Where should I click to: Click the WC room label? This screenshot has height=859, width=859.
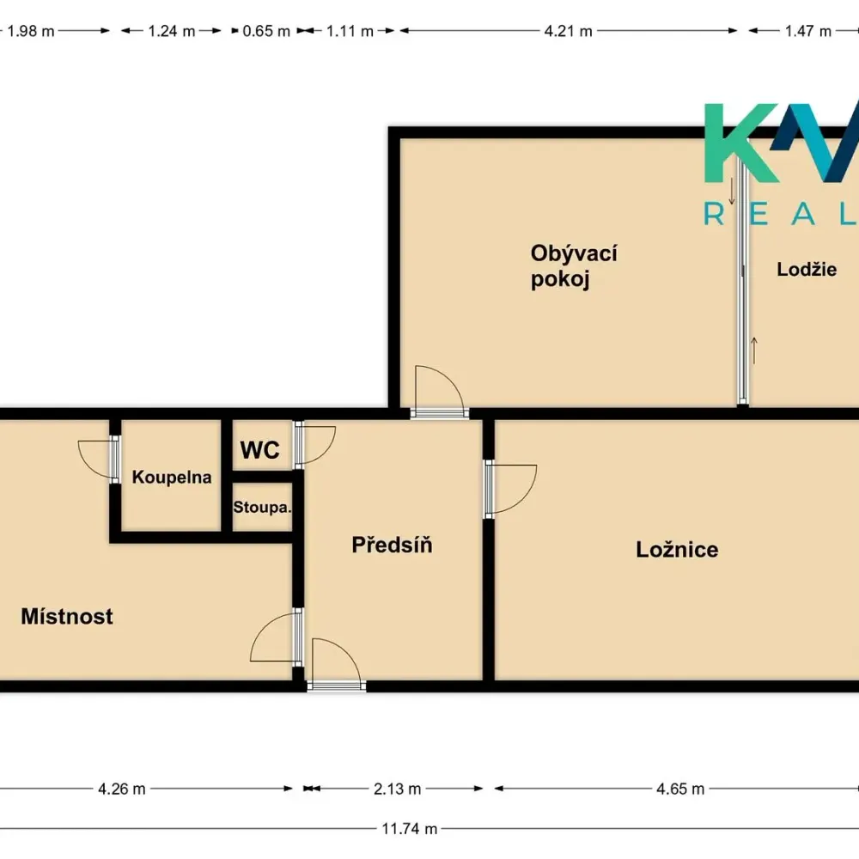(x=259, y=450)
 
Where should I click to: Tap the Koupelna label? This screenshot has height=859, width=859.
(x=172, y=477)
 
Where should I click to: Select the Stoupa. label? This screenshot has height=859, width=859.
(x=262, y=508)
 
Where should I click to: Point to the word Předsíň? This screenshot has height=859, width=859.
(x=392, y=545)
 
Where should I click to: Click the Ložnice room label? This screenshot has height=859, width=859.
(x=677, y=550)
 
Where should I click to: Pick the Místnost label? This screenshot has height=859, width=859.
(x=67, y=616)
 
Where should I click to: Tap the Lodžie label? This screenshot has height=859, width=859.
(x=807, y=269)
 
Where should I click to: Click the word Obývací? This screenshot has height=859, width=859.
(x=574, y=253)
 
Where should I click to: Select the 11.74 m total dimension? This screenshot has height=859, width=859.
(x=409, y=829)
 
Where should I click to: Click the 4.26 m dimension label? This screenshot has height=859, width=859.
(x=122, y=789)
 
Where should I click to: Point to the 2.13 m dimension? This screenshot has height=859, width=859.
(x=397, y=789)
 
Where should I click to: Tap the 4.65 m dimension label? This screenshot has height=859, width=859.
(x=680, y=789)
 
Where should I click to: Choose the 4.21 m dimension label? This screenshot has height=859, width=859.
(x=568, y=31)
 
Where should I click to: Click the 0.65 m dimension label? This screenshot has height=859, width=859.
(x=266, y=31)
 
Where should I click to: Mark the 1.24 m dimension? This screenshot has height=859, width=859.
(x=172, y=31)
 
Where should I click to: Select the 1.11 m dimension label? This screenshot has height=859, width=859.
(x=350, y=31)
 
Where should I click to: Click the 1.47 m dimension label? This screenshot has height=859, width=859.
(x=808, y=31)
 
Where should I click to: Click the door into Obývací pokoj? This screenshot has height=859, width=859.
(x=439, y=391)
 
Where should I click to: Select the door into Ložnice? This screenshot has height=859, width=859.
(x=510, y=490)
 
